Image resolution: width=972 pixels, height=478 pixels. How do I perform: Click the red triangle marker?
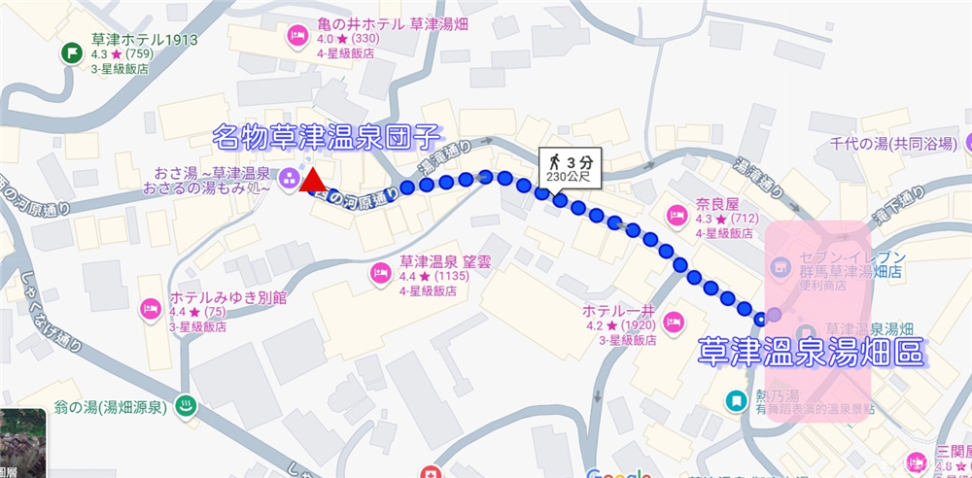[x=313, y=180]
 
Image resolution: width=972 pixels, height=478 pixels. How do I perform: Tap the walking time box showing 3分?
[x=571, y=167]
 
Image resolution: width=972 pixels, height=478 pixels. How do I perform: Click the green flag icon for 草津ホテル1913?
[x=71, y=51]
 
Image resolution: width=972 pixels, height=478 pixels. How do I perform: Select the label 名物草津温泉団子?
[x=328, y=136]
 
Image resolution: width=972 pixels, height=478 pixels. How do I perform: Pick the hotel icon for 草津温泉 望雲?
[x=380, y=271]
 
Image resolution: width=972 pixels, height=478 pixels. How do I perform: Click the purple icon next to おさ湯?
[x=289, y=179]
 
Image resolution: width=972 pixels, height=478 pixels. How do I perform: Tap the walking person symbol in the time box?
[x=554, y=160]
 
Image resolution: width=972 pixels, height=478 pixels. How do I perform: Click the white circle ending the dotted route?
[x=759, y=316]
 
